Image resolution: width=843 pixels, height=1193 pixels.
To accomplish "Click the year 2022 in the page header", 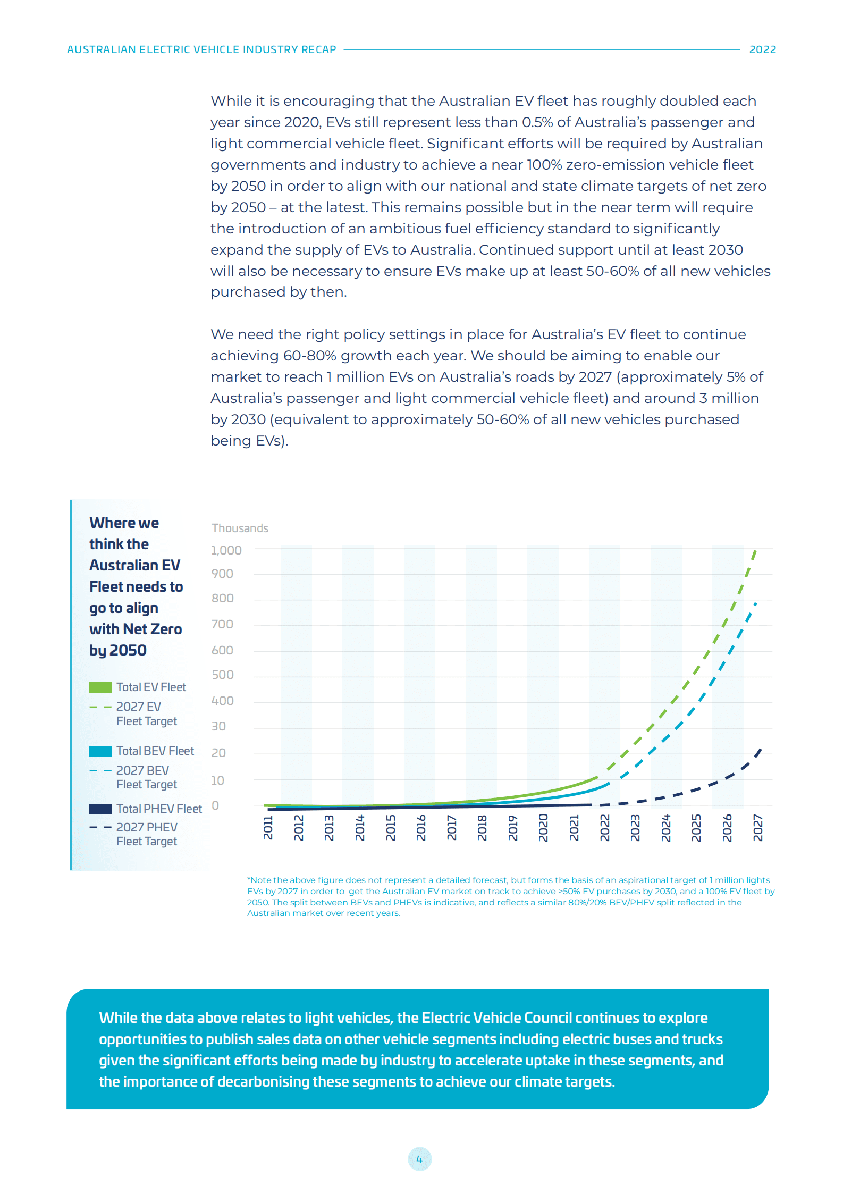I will [x=762, y=49].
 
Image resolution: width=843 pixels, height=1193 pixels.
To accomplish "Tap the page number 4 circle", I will [x=419, y=1159].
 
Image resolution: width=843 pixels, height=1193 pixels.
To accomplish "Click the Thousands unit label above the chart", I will [x=240, y=528].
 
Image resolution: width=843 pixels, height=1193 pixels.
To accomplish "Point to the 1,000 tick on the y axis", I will [x=226, y=550].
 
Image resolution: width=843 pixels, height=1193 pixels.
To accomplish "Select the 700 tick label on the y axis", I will [x=222, y=624].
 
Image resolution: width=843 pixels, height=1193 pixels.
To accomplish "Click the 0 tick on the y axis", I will [x=215, y=805].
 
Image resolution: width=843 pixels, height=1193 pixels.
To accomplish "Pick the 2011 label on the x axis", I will [x=268, y=828].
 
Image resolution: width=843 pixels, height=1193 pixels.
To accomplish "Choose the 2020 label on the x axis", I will [x=543, y=828].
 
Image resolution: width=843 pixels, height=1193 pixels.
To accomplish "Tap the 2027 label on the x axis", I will [x=758, y=828].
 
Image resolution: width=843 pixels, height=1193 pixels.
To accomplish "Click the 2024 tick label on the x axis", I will [x=666, y=828].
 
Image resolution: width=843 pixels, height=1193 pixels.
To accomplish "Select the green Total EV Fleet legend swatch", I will [x=100, y=687].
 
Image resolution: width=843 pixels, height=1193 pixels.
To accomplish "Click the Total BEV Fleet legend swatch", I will [x=100, y=751].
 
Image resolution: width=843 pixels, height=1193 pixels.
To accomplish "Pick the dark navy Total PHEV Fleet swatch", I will [x=100, y=809].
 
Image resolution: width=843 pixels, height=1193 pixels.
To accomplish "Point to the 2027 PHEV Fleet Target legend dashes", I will [x=100, y=827].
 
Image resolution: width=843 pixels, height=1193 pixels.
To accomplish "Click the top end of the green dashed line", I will [x=755, y=552].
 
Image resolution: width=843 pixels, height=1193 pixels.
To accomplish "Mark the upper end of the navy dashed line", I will [x=761, y=750].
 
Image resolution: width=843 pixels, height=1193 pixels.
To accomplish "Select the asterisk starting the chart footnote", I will [x=249, y=879].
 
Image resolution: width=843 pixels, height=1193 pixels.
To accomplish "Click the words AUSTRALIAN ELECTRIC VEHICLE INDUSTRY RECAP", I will [x=201, y=49].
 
